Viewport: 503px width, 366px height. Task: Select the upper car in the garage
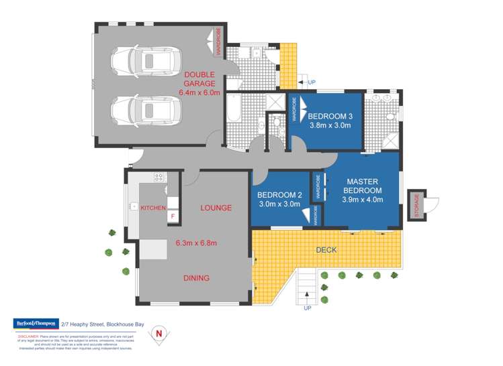tap(146, 61)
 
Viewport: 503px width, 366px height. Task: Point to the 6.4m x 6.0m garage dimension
tap(199, 93)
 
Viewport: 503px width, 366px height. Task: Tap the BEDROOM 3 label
tap(330, 116)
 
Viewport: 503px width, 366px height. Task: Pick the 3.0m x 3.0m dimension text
tap(279, 204)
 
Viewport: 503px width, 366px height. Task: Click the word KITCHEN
tap(153, 208)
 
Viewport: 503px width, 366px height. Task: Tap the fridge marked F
tap(173, 216)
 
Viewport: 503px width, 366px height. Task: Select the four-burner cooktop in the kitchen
tap(159, 178)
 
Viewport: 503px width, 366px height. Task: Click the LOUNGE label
tap(216, 208)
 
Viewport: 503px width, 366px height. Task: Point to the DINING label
tap(196, 278)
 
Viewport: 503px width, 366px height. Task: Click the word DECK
tap(326, 250)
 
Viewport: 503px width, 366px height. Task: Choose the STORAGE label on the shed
tap(416, 204)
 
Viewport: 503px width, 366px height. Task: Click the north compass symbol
tap(159, 332)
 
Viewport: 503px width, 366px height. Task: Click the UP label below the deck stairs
tap(308, 309)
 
